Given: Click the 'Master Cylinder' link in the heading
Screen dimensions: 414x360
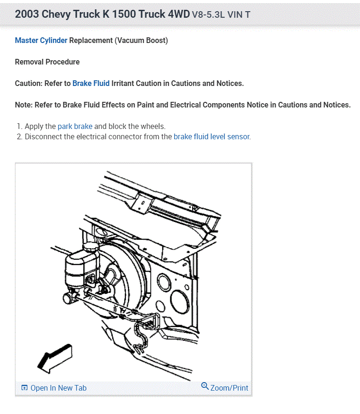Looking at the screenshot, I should (x=41, y=40).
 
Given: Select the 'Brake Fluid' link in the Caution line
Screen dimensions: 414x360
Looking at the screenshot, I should (x=91, y=83).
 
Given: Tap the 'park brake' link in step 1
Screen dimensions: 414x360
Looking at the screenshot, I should (x=75, y=126).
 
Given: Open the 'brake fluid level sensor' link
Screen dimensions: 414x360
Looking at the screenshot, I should (x=212, y=136).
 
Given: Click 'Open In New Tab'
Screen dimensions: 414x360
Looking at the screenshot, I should (x=58, y=388).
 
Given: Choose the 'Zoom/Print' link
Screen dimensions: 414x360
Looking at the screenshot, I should (x=229, y=388).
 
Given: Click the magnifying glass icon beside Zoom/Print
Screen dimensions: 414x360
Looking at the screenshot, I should (x=205, y=386).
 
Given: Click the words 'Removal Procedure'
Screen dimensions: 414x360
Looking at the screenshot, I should (x=47, y=62).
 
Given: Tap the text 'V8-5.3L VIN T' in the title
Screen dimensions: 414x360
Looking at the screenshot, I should (x=221, y=14).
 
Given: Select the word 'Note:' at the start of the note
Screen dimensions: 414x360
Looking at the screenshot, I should (x=24, y=105).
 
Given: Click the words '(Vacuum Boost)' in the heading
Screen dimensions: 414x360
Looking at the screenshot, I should (x=141, y=40).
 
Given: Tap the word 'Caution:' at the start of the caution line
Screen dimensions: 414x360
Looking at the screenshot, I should (x=29, y=83).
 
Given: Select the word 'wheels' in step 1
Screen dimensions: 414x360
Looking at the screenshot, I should (x=153, y=126).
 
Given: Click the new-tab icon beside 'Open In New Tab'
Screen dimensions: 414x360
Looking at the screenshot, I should (x=24, y=388).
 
